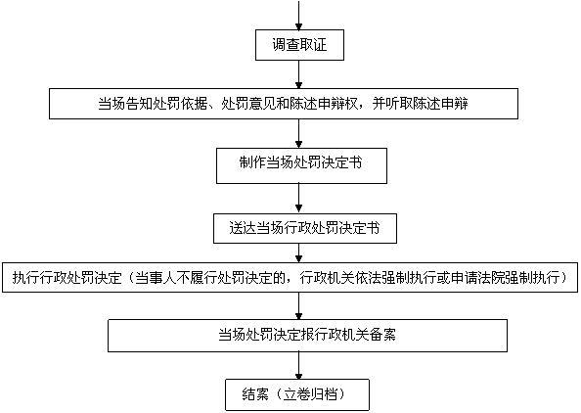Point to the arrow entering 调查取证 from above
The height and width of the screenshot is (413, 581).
coord(298,15)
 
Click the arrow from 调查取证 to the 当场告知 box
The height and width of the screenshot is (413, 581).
coord(298,74)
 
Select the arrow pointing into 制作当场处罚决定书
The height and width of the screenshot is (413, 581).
coord(298,133)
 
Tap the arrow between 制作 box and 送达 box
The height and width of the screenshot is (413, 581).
coord(298,199)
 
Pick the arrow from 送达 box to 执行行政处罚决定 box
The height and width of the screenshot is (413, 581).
coord(298,252)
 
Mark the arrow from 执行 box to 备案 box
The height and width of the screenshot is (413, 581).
coord(298,306)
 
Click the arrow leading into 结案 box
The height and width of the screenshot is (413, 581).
coord(298,365)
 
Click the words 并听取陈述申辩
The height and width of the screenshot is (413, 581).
coord(420,104)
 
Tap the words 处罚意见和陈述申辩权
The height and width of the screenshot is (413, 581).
coord(290,104)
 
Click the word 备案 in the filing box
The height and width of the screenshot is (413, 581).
coord(382,335)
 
